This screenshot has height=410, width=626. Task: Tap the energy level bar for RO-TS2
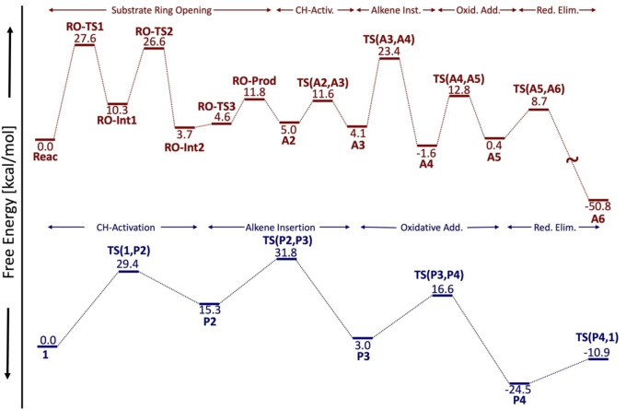coord(153,49)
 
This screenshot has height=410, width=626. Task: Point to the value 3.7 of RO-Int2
coord(184,135)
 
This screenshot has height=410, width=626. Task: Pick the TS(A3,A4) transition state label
coord(387,40)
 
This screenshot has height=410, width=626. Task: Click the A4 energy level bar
coord(425,144)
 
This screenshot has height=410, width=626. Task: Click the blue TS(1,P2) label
coord(129,250)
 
